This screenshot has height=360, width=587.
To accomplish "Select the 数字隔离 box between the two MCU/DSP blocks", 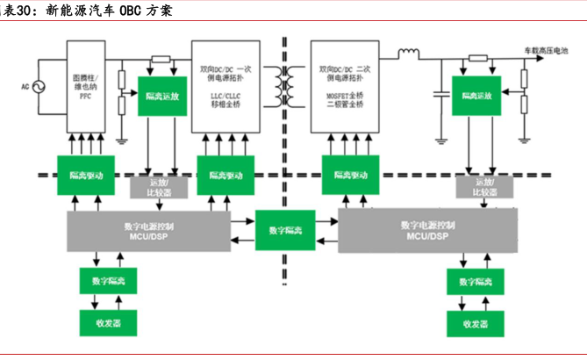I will [284, 230].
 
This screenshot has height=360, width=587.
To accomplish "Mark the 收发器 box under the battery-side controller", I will [475, 323].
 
